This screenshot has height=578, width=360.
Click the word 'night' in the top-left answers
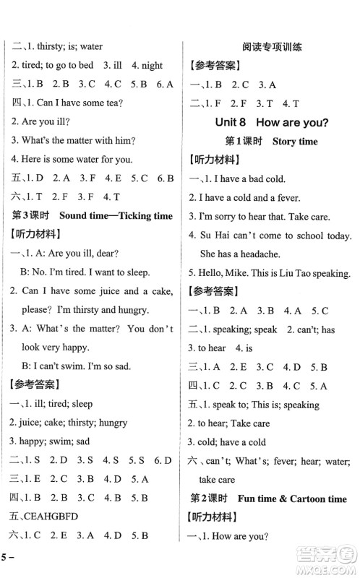pyautogui.click(x=153, y=65)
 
